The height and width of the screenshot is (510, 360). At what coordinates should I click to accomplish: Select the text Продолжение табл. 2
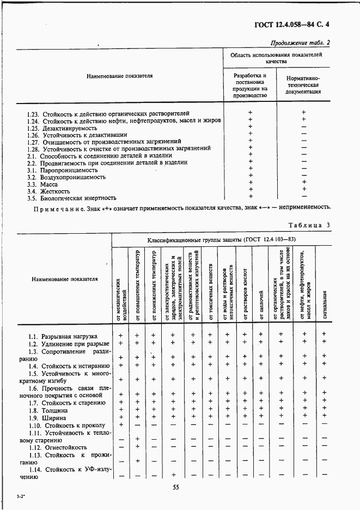(300, 43)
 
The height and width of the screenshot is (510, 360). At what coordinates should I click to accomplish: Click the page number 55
(176, 488)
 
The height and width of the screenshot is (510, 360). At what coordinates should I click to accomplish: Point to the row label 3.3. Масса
(42, 184)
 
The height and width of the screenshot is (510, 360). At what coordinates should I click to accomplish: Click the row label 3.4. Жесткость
(48, 191)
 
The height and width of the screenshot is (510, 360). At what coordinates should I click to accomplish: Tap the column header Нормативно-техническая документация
(303, 85)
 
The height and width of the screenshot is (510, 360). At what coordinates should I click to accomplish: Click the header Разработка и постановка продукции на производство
(250, 85)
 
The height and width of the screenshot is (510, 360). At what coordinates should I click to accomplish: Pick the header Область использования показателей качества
(276, 59)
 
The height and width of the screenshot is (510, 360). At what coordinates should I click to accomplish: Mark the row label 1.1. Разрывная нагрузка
(63, 336)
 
